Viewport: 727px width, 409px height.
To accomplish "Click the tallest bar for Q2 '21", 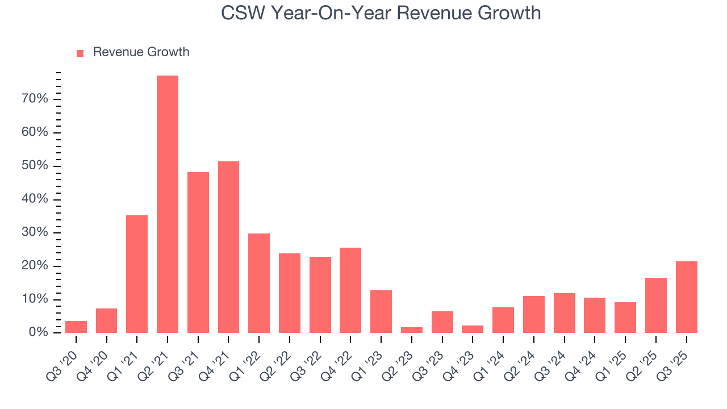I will click(168, 204).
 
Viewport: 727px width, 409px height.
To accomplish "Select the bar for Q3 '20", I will click(76, 327).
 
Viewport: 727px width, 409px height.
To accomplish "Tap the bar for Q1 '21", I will click(137, 274).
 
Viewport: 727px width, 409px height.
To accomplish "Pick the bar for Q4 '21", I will click(228, 247).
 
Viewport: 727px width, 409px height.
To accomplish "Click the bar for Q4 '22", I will click(350, 290).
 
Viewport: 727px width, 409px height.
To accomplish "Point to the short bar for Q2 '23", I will click(412, 330).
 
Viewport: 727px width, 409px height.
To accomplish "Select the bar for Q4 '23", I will click(473, 329).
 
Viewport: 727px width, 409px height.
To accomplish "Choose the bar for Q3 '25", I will click(686, 297).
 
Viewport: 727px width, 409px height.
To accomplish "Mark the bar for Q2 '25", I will click(655, 305).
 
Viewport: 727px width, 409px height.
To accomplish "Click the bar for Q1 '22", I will click(259, 283).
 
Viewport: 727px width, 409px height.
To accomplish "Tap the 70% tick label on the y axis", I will click(34, 99).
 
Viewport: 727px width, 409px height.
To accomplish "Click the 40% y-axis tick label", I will click(34, 199).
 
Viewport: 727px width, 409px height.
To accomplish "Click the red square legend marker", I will click(80, 53).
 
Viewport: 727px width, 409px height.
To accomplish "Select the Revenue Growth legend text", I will click(141, 52).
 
